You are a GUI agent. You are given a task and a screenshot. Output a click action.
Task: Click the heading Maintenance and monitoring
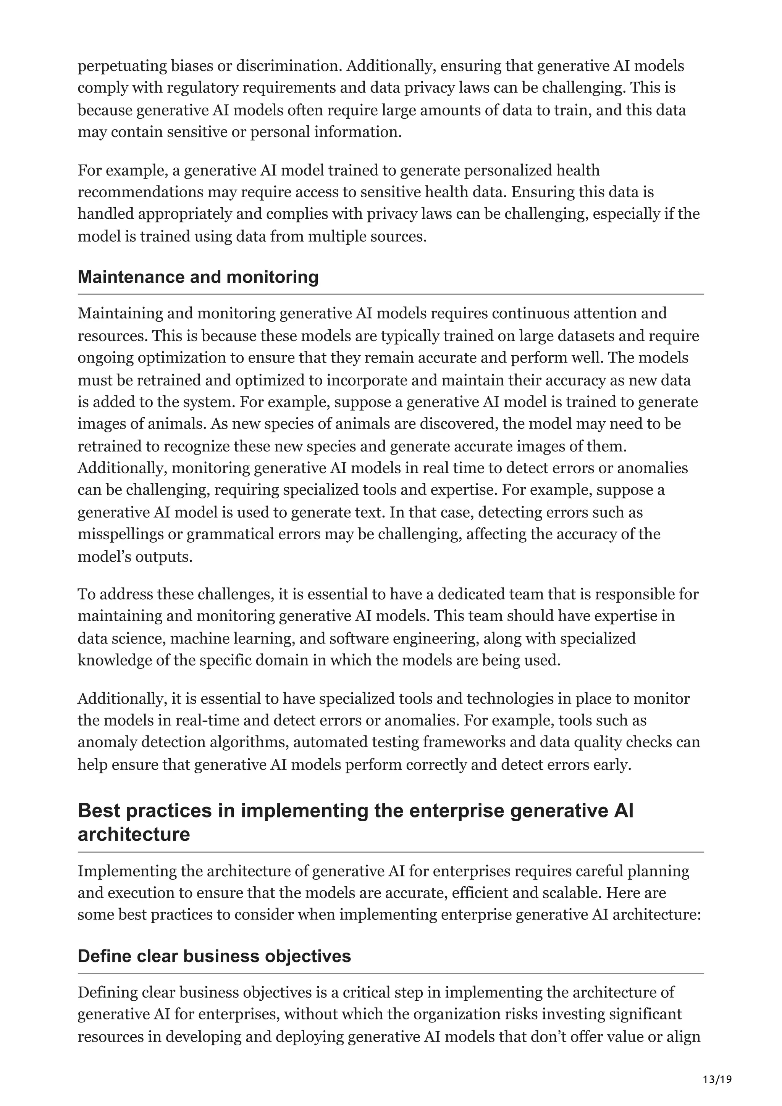tap(198, 277)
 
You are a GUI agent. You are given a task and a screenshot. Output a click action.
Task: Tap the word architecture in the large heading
tap(134, 834)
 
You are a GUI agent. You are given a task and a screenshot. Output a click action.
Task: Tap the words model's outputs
tap(135, 557)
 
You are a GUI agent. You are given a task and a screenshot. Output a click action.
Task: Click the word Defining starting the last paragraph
tap(107, 992)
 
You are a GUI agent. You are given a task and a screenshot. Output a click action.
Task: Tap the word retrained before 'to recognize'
tap(107, 446)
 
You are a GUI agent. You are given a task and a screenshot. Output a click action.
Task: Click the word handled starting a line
tap(105, 214)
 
